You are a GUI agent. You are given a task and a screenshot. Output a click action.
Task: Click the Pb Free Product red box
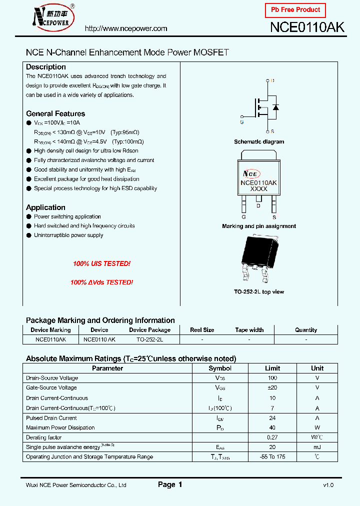tap(295, 10)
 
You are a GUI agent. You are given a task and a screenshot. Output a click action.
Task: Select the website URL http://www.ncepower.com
tap(126, 28)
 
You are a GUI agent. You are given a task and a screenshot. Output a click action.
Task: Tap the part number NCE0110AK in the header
tap(307, 27)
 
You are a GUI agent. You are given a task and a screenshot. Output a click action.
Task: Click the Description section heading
tap(46, 67)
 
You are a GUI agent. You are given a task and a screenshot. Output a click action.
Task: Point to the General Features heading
tap(55, 113)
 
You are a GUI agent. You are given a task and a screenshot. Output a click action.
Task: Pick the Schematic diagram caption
tap(259, 142)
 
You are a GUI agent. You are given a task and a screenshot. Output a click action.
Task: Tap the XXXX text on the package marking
tap(258, 189)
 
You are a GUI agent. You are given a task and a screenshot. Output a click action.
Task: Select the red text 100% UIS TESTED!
tap(101, 263)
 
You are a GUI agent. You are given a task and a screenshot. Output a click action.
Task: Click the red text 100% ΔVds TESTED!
tap(101, 282)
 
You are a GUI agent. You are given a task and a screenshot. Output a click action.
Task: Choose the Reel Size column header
tap(202, 330)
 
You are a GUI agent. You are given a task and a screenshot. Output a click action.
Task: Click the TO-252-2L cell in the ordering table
tap(149, 339)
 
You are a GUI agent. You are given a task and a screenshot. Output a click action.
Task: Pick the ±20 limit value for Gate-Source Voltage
tap(272, 387)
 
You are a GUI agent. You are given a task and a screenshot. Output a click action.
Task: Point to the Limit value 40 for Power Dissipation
tap(272, 427)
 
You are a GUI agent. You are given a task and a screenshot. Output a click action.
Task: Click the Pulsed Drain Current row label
tap(51, 418)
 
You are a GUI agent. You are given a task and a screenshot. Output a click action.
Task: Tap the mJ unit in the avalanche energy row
tap(317, 447)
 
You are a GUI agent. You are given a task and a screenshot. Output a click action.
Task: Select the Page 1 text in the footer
tap(170, 484)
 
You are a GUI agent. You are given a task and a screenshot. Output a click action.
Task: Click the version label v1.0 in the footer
tap(328, 485)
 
